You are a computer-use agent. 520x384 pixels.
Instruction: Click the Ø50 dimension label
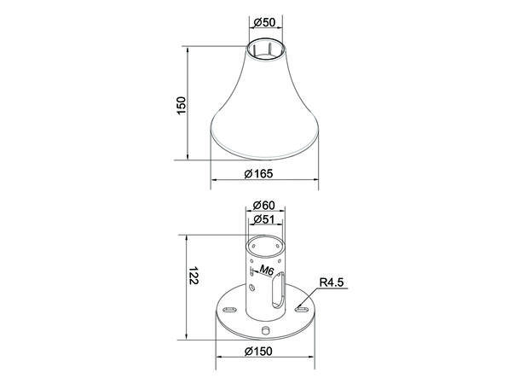pyautogui.click(x=264, y=22)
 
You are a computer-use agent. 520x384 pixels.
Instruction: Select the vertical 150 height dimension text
pyautogui.click(x=181, y=106)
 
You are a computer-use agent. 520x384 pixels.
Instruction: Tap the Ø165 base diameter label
pyautogui.click(x=258, y=173)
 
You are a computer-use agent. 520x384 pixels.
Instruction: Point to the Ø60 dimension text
pyautogui.click(x=264, y=205)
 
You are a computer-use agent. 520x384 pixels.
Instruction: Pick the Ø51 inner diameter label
pyautogui.click(x=264, y=219)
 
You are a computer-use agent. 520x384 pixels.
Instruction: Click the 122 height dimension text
pyautogui.click(x=193, y=275)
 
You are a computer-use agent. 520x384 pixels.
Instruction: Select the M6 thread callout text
pyautogui.click(x=266, y=271)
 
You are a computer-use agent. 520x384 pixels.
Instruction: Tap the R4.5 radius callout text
pyautogui.click(x=332, y=282)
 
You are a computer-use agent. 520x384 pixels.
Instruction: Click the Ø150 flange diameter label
pyautogui.click(x=258, y=351)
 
